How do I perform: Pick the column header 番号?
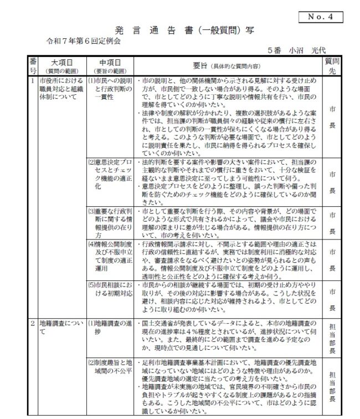point(33,65)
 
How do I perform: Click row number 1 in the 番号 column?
point(33,81)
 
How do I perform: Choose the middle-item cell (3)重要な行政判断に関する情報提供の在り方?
point(111,223)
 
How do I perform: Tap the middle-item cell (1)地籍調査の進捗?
point(111,327)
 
